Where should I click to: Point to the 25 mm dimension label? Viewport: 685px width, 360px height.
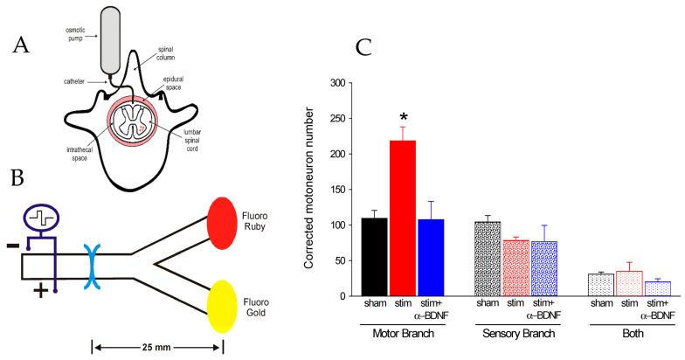pos(157,346)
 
